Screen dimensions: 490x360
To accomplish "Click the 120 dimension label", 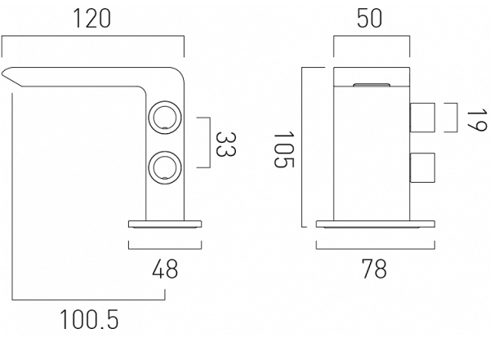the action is pos(91,19).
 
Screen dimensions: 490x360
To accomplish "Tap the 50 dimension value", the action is pos(369,19).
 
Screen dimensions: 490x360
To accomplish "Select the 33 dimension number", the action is pos(226,144).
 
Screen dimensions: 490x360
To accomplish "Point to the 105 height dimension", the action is pos(284,149).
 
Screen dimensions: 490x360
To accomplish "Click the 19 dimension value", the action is pos(477,120).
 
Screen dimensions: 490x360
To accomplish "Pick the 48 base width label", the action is pos(165,269).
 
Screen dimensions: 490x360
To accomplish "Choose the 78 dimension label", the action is pos(374,269).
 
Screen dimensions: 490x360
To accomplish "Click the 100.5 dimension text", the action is pos(89,319).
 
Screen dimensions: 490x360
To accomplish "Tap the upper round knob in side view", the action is pos(165,118).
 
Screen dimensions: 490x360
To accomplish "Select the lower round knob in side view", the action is pos(165,167).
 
